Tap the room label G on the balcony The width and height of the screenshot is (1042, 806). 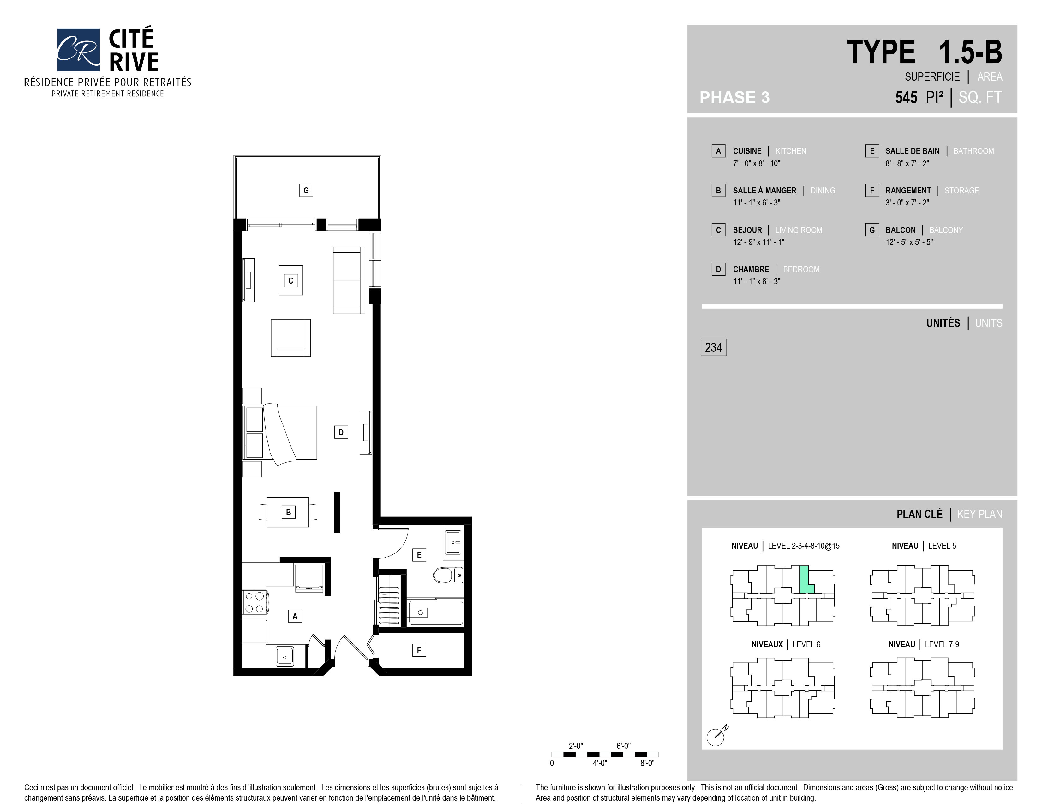(x=306, y=190)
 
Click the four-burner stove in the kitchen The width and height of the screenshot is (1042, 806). (x=254, y=602)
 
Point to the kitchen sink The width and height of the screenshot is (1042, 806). (x=285, y=656)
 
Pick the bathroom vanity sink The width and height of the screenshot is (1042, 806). (x=453, y=542)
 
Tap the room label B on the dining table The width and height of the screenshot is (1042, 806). (x=288, y=512)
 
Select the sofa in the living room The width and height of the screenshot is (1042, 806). (x=349, y=280)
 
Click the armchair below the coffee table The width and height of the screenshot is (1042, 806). (x=290, y=338)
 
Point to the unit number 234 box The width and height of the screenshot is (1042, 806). (x=713, y=347)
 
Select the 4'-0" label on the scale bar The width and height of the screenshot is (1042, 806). (x=600, y=763)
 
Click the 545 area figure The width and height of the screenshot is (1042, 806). (x=906, y=97)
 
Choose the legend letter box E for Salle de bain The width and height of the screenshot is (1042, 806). (x=872, y=151)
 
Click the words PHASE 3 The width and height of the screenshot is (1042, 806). (x=734, y=97)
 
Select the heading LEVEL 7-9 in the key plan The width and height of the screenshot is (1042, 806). (x=942, y=644)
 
